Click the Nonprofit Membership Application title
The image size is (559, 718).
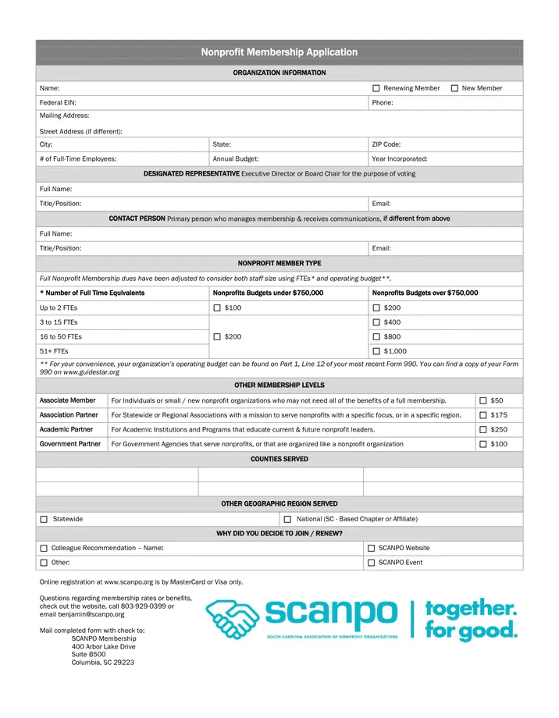click(279, 52)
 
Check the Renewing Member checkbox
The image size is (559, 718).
click(376, 88)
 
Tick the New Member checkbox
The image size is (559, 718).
click(454, 88)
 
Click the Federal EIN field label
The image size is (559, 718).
click(58, 102)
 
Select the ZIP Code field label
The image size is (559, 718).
click(386, 144)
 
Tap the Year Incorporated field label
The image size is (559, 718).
click(400, 158)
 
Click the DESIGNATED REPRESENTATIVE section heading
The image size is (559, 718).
click(191, 173)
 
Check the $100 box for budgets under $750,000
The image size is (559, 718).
click(217, 308)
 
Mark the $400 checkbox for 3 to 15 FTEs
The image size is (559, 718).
click(376, 322)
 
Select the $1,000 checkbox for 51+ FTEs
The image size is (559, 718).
click(376, 351)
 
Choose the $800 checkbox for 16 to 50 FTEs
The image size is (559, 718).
click(376, 336)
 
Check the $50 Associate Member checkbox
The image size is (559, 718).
click(483, 400)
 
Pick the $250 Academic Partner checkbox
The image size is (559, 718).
click(483, 429)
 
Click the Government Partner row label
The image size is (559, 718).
click(70, 444)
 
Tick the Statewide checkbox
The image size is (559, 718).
click(44, 519)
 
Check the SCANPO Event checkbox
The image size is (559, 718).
click(371, 563)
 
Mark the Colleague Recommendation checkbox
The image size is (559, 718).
click(44, 548)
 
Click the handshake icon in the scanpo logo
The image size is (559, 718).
click(233, 619)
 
